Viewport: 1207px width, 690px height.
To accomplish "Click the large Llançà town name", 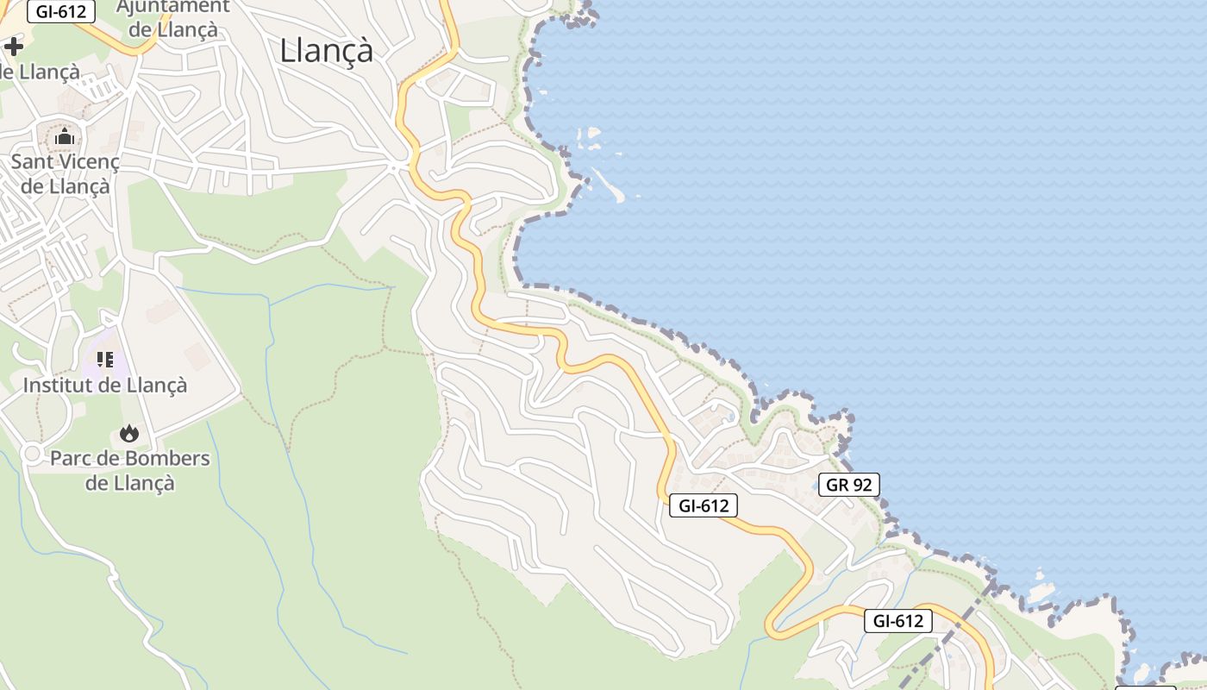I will coord(326,51).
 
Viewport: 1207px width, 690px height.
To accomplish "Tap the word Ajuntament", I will coord(172,7).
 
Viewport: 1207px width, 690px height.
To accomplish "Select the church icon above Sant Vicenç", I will coord(65,136).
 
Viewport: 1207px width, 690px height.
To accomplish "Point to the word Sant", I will coord(32,161).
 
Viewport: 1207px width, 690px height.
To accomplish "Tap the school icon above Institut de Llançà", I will coord(105,359).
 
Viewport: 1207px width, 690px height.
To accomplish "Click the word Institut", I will coord(57,385).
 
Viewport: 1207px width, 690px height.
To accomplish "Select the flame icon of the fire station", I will coord(129,433).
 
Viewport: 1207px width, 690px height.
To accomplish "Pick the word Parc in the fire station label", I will coord(68,458).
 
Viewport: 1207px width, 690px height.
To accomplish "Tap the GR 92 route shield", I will coord(848,485).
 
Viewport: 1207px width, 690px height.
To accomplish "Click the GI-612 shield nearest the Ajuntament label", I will coord(60,11).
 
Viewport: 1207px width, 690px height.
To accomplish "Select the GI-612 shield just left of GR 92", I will coord(704,505).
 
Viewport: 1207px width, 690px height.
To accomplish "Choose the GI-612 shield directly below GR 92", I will coord(898,620).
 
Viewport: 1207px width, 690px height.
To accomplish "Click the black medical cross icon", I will coord(14,46).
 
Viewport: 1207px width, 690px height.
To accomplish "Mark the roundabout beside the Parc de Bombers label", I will coord(33,453).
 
